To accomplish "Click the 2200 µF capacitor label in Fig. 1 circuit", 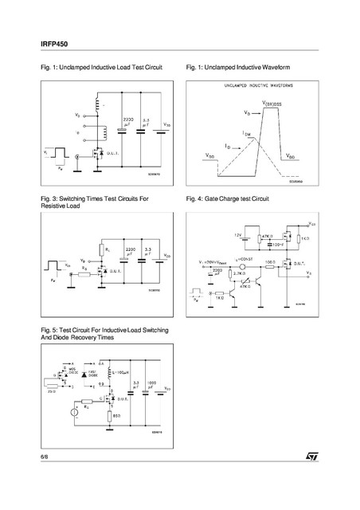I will click(127, 121).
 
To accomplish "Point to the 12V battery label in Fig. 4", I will click(237, 236).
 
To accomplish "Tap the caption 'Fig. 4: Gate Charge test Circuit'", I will click(227, 197).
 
